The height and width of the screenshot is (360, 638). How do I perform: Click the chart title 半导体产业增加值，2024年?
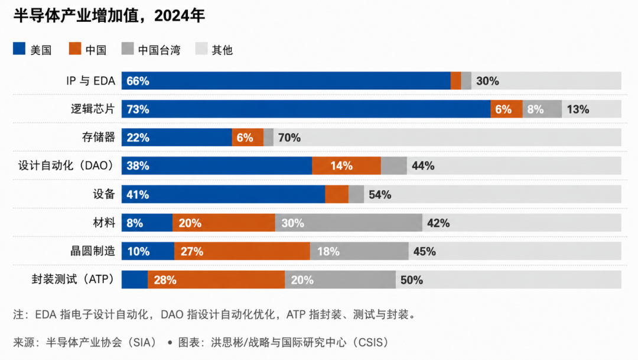click(109, 16)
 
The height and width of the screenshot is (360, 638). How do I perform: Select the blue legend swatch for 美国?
click(19, 48)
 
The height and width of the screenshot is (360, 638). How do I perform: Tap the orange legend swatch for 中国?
click(75, 48)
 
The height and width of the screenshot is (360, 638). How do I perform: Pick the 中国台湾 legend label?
click(159, 50)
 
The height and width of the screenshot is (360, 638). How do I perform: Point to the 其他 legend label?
click(222, 50)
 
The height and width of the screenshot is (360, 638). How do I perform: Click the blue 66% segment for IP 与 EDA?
click(286, 80)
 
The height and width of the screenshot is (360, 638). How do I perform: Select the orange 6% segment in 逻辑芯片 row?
click(507, 109)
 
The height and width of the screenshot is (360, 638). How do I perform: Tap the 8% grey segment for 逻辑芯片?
click(542, 109)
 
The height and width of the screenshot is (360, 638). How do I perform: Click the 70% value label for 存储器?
click(289, 138)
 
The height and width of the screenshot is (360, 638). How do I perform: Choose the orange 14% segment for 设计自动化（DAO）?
click(347, 166)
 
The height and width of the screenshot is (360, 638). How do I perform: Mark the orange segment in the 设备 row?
click(337, 194)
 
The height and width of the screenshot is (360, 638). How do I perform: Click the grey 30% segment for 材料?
click(349, 223)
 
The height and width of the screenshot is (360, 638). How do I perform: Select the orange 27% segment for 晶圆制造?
click(242, 251)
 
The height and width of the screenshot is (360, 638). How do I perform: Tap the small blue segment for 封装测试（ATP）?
click(135, 280)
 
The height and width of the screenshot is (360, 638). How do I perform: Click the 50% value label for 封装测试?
click(412, 280)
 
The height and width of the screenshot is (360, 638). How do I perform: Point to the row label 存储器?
click(99, 137)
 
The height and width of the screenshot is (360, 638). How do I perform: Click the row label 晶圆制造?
click(93, 251)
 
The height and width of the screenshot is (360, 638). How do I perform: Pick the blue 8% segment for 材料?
click(147, 223)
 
